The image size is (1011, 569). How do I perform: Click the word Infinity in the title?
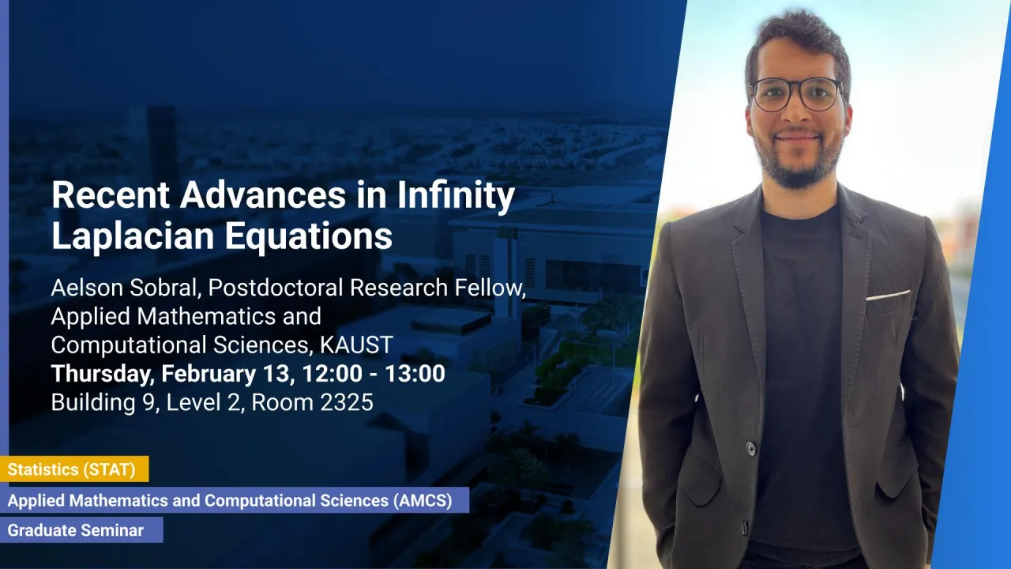(457, 195)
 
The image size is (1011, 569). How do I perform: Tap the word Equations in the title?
(309, 236)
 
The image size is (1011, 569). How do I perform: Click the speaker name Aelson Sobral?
(126, 287)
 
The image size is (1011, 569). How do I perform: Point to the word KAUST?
(356, 345)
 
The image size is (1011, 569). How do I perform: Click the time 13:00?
(415, 374)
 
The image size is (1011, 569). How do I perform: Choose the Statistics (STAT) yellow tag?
(74, 469)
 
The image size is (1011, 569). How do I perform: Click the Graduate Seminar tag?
(81, 529)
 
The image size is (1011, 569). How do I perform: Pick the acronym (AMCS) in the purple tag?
(423, 500)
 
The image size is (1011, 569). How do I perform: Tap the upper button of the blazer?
(750, 448)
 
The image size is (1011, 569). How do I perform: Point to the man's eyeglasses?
(796, 94)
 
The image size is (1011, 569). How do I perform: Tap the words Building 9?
(103, 402)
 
